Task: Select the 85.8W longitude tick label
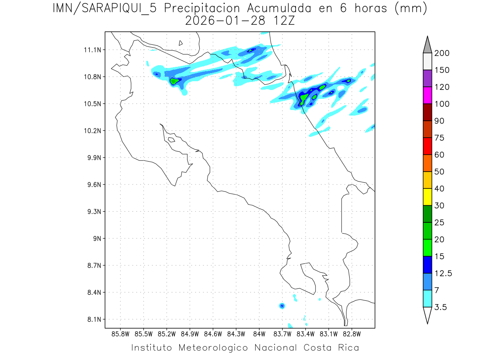tap(120, 334)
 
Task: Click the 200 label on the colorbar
tap(442, 53)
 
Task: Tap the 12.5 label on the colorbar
tap(443, 274)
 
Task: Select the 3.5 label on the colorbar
tap(441, 307)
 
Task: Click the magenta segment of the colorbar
tap(427, 95)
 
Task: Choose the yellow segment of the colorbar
tap(427, 197)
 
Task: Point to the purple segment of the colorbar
tap(427, 78)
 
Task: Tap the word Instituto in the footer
tap(152, 348)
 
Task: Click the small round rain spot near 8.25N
tap(282, 306)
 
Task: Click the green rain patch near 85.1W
tap(174, 81)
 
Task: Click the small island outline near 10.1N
tap(171, 140)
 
